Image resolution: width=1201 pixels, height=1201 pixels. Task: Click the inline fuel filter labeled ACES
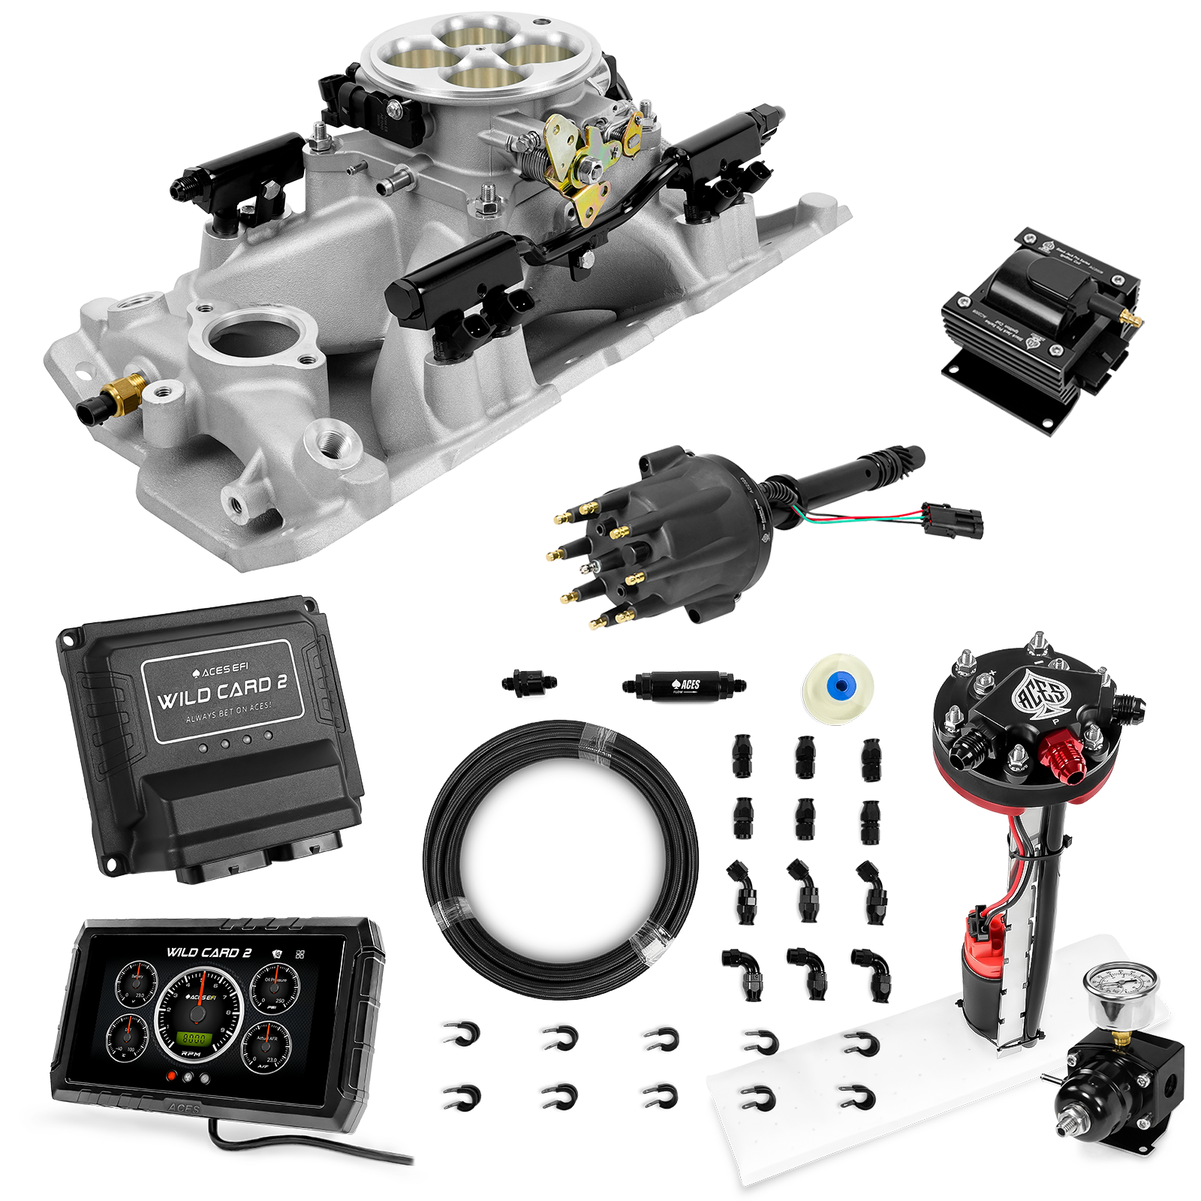coord(682,684)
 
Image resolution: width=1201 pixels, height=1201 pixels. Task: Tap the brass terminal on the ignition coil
coord(1128,319)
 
